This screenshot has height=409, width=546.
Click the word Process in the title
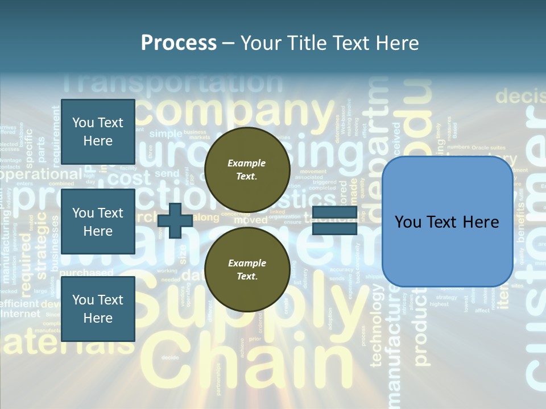179,43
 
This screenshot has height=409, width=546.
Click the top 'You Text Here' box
98,132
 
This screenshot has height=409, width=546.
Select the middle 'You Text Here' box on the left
98,222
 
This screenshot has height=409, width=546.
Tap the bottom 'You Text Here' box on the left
98,308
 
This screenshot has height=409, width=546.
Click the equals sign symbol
334,220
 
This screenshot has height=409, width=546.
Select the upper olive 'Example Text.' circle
247,169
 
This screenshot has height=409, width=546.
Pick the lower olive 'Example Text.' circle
247,269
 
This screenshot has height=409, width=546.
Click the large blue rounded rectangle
447,222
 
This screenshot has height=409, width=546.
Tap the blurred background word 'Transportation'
171,83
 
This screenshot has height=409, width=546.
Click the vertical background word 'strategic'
42,250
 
